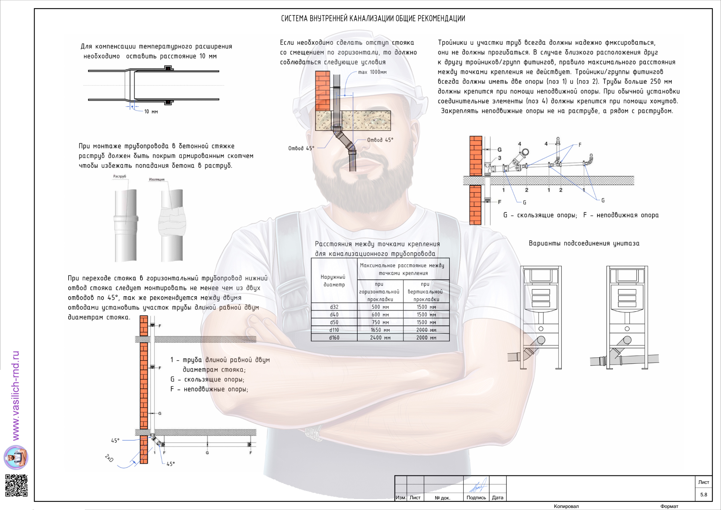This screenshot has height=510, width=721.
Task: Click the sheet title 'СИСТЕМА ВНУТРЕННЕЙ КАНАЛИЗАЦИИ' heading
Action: point(373,18)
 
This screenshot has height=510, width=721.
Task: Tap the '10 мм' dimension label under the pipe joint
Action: point(151,112)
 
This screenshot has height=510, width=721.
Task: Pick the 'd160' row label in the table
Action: point(334,337)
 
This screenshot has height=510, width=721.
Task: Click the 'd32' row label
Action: point(334,307)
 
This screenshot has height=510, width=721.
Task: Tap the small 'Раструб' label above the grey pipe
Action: point(120,176)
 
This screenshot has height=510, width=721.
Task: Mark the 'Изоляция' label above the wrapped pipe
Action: point(157,180)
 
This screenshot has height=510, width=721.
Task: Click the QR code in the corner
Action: point(16,485)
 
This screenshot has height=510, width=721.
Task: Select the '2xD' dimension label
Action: point(109,458)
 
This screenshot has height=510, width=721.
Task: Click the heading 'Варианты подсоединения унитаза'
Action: point(584,243)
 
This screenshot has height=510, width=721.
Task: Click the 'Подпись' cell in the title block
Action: point(476,497)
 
